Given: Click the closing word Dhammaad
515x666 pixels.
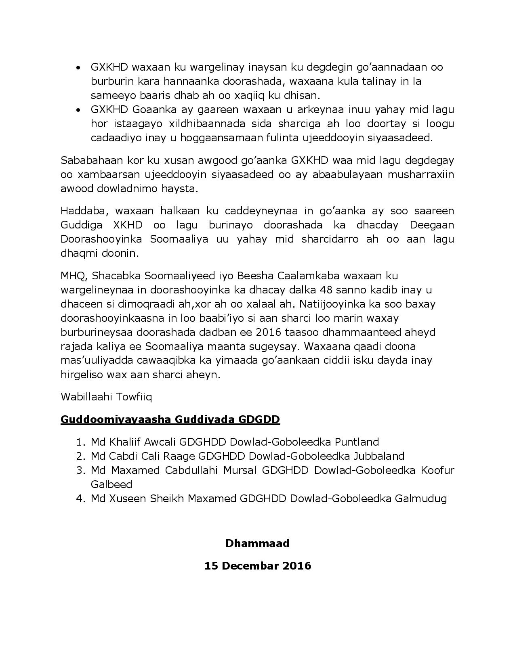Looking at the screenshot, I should (x=257, y=543).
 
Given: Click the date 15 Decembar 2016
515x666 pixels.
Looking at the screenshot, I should (x=257, y=565).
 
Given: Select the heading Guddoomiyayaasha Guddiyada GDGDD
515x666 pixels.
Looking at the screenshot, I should (x=170, y=419).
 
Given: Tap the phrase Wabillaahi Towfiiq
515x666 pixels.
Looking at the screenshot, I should (x=106, y=397).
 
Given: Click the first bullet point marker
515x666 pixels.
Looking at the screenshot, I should (x=79, y=67).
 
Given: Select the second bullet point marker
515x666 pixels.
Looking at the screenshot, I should (x=79, y=110).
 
